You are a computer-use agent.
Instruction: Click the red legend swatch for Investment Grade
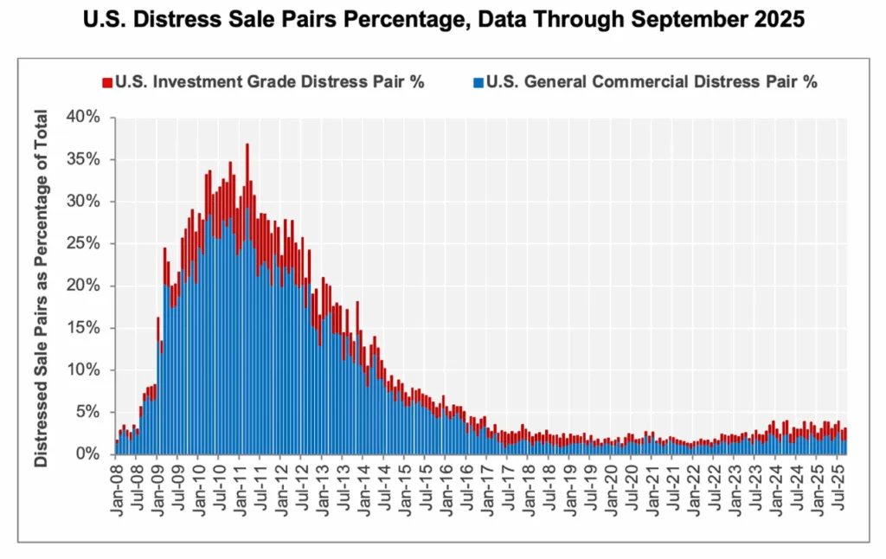(x=107, y=83)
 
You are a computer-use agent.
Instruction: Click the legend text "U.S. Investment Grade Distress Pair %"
(x=269, y=83)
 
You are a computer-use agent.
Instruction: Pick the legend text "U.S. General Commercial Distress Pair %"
(x=650, y=83)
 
